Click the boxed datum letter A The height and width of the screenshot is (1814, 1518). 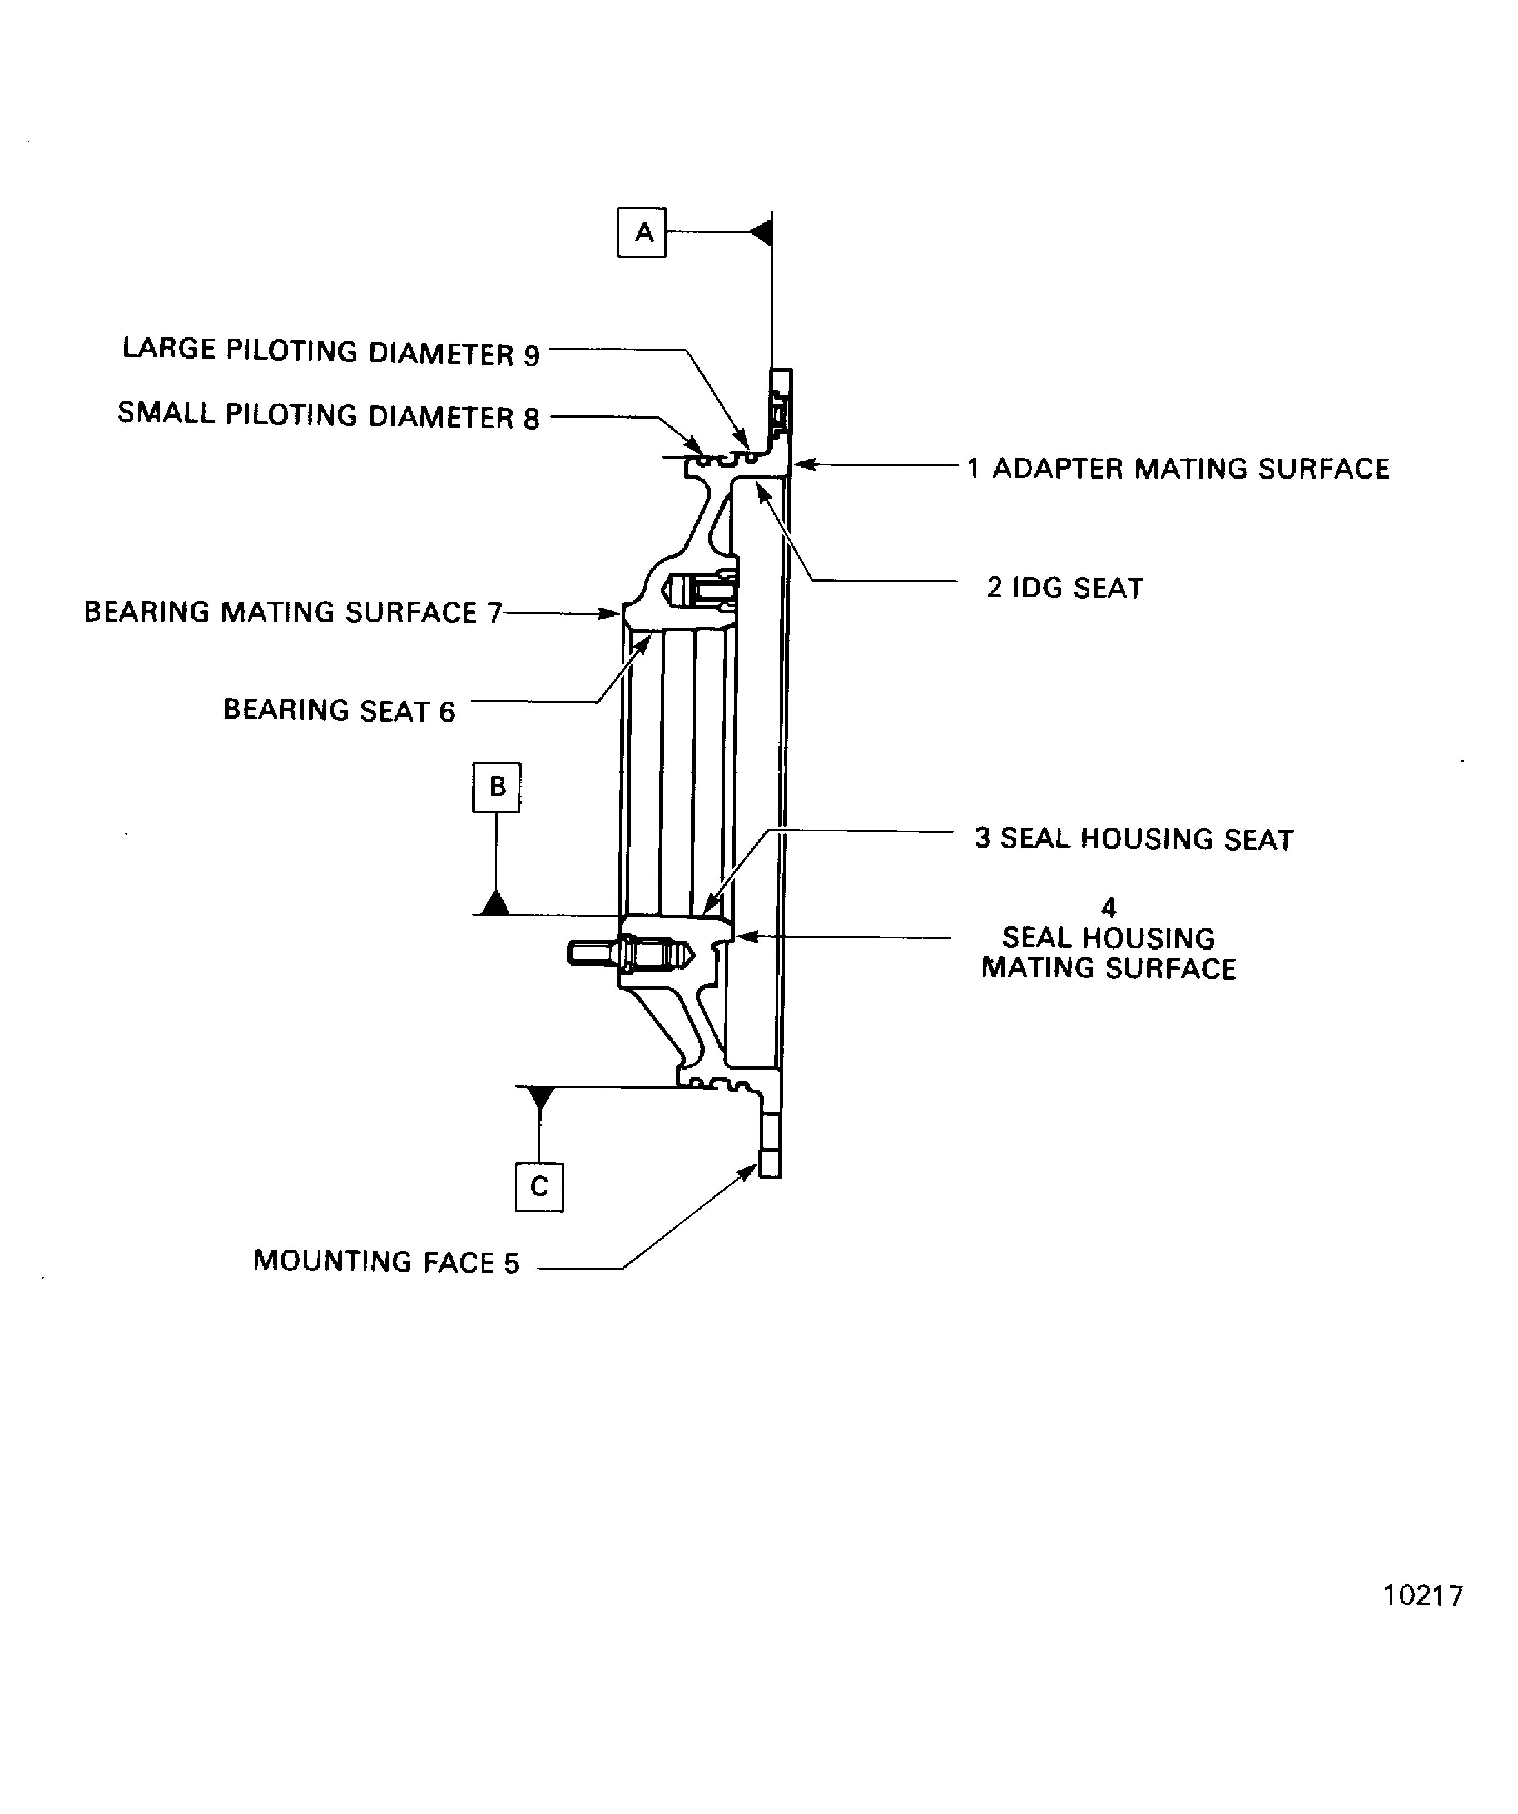(642, 232)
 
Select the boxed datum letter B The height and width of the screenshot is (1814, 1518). (497, 787)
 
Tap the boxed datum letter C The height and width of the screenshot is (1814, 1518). (539, 1187)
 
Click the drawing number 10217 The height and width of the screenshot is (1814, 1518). (1423, 1596)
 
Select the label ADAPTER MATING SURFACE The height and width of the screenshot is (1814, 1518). (1190, 469)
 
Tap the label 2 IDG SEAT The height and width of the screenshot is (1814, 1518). (1064, 588)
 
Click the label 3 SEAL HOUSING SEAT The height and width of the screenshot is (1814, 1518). (1134, 839)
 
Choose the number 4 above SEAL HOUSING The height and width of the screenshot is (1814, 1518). (1109, 908)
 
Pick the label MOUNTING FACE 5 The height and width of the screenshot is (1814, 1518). (386, 1262)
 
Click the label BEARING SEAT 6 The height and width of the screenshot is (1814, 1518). (339, 710)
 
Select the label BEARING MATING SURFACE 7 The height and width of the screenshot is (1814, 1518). (292, 613)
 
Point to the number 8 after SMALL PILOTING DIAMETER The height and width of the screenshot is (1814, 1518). (532, 419)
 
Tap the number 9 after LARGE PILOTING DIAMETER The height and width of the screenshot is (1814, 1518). (532, 355)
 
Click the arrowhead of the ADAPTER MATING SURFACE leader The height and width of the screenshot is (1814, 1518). (801, 465)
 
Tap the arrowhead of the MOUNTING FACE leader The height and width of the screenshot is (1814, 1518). (750, 1170)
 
